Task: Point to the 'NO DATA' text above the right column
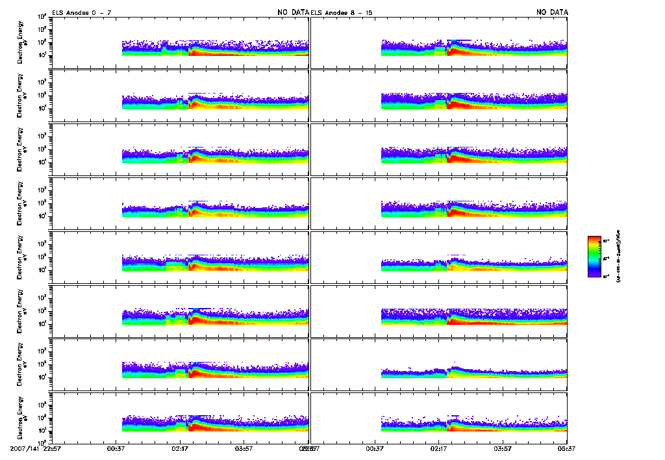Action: pos(552,12)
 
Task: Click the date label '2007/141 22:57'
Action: pos(36,448)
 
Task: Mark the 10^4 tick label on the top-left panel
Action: pos(41,16)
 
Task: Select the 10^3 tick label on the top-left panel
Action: pos(41,29)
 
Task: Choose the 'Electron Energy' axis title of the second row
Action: pos(21,96)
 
